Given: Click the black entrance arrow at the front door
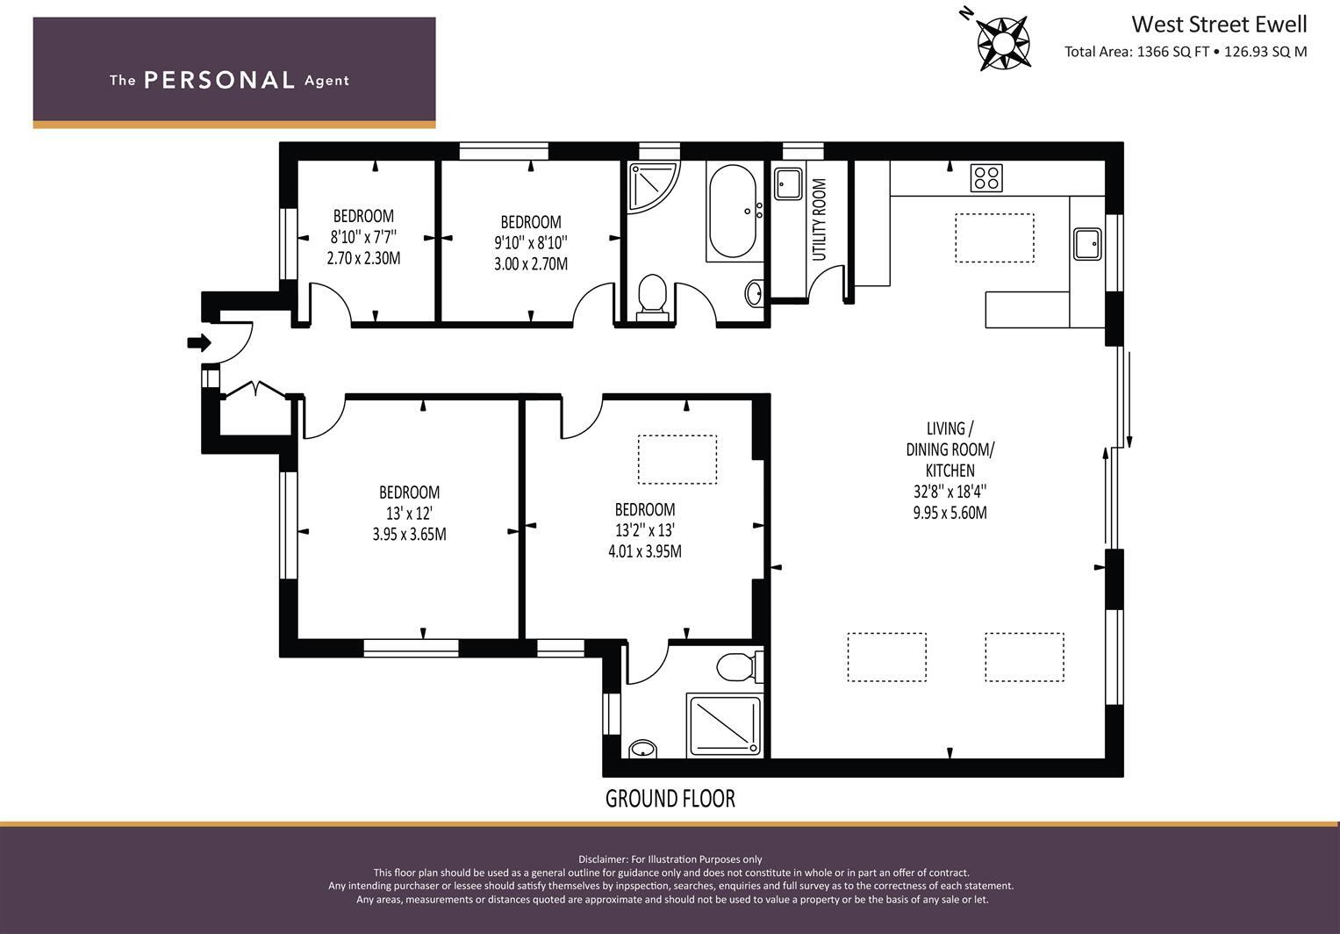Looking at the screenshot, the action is coord(198,343).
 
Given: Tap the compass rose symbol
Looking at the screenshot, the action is coord(1003,43).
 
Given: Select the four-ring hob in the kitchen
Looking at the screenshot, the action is coord(985,178).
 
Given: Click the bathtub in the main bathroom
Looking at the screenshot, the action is coord(732,211).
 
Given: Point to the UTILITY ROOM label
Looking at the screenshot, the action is coord(819,219).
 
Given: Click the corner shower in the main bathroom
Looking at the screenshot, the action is coord(653,188).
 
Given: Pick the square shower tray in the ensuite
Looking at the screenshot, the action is coord(725,724).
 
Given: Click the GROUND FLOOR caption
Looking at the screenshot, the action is coord(670,799).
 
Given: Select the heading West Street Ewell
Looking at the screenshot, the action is coord(1219,25).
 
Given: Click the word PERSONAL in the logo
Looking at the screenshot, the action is coord(219,80).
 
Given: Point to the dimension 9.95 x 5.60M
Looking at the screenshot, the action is coord(949,513).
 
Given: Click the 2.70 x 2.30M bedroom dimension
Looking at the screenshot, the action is coord(363,258).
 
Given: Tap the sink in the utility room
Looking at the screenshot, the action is coord(788,183).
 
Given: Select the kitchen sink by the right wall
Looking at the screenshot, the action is coord(1087,243).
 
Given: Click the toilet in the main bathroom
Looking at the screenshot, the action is coord(652,296).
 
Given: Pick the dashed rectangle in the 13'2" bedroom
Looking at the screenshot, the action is coord(677,459).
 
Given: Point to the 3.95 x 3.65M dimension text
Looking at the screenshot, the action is coord(409,535).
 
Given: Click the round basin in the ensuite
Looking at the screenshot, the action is coord(643,749).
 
